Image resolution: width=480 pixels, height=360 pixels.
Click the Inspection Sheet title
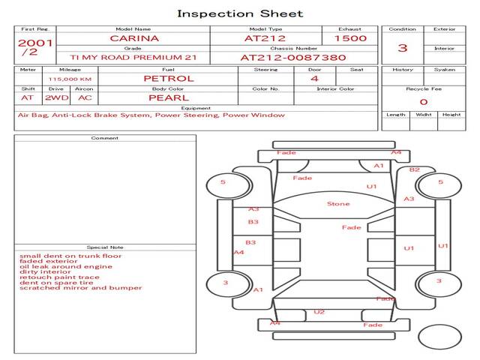[x=240, y=13]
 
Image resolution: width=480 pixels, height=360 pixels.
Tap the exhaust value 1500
[x=350, y=38]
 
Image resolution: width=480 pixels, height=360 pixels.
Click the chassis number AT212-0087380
[x=293, y=57]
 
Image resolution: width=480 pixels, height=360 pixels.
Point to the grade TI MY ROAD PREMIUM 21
[x=133, y=57]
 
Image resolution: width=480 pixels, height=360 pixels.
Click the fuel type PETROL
[x=168, y=78]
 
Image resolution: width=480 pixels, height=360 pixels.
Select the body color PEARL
[x=168, y=97]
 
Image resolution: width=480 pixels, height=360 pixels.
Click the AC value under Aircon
[x=85, y=97]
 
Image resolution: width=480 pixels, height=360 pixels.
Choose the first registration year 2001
[x=35, y=43]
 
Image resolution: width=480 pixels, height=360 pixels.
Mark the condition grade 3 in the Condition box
[x=403, y=48]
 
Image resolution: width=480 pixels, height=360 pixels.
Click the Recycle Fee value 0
[x=423, y=101]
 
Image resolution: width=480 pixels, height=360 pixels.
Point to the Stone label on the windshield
[x=338, y=204]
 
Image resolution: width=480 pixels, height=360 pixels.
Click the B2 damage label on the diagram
[x=414, y=169]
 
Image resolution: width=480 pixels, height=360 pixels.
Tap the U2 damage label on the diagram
[x=319, y=312]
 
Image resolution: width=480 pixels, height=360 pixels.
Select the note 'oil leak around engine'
[x=66, y=266]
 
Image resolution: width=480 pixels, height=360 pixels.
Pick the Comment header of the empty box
[x=105, y=138]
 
